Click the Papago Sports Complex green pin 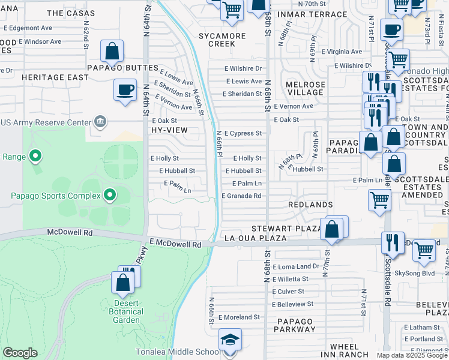point(109,195)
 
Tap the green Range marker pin point(35,157)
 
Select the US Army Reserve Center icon point(100,122)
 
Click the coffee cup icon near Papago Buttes point(124,91)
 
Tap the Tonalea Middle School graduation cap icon point(230,340)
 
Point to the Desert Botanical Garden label point(126,311)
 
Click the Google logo point(20,353)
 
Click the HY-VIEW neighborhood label point(169,130)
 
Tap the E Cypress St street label point(243,133)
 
